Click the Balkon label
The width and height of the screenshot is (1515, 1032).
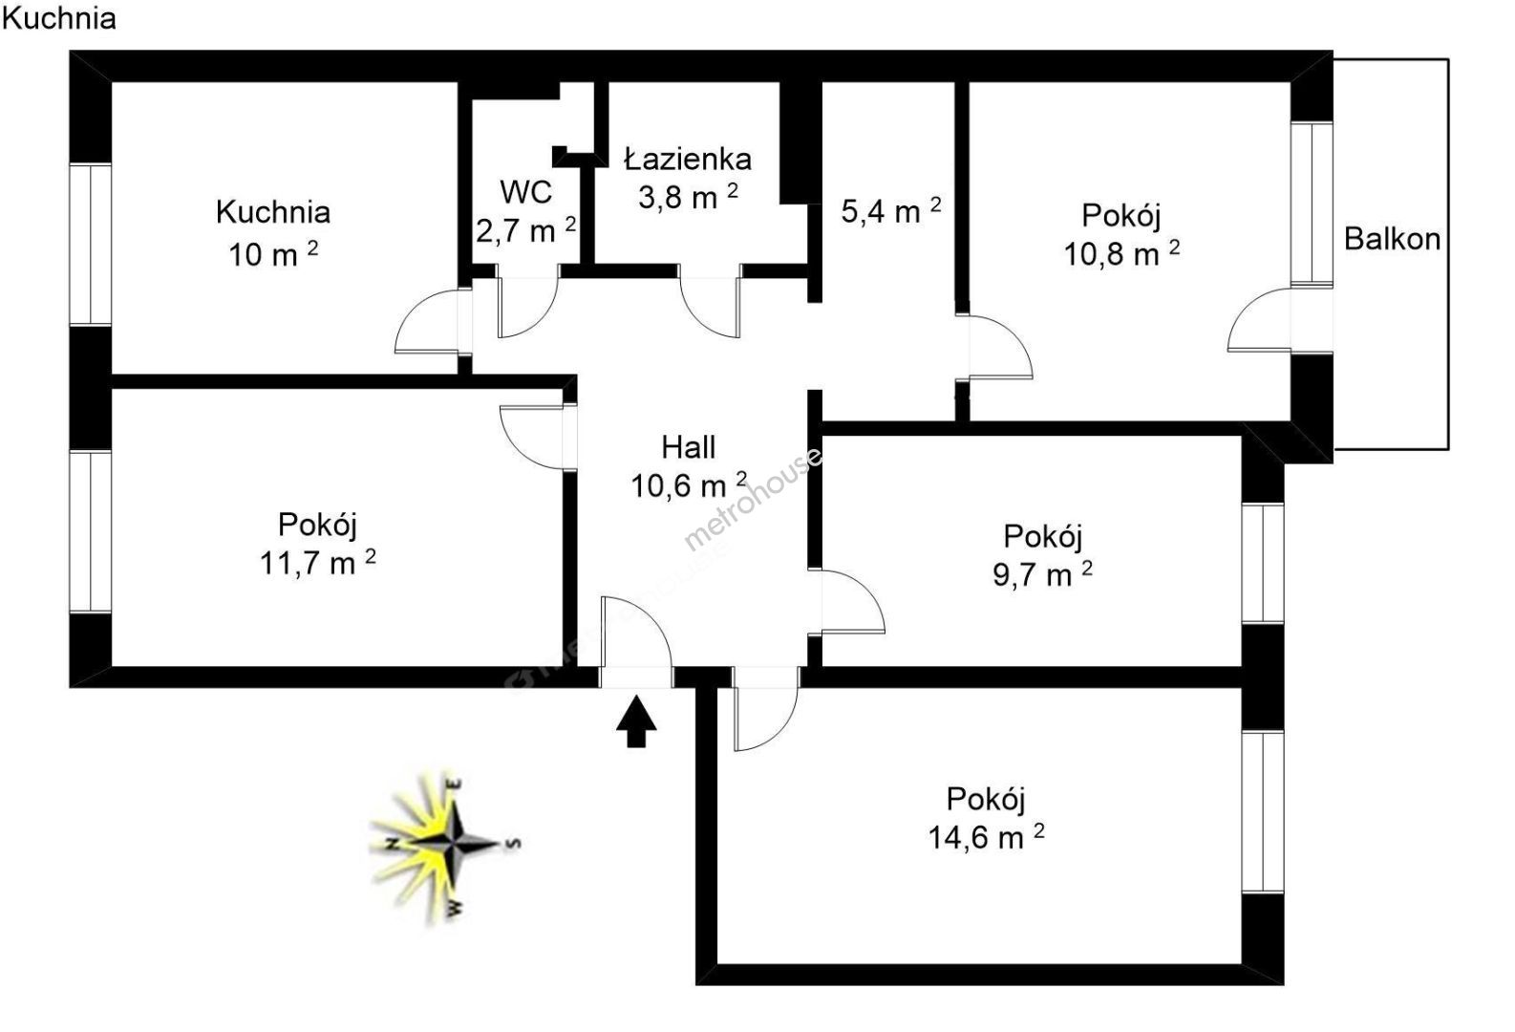click(1392, 238)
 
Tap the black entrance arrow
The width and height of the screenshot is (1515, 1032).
click(636, 721)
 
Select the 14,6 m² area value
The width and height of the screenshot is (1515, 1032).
click(986, 838)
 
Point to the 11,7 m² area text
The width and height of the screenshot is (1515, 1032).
click(317, 563)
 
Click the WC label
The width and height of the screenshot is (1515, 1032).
click(526, 192)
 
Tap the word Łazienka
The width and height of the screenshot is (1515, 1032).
click(688, 159)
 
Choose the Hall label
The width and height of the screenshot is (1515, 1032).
click(688, 446)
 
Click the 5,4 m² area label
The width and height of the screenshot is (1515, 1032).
click(890, 210)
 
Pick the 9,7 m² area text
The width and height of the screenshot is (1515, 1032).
click(1042, 575)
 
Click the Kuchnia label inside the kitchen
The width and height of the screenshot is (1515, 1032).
click(273, 212)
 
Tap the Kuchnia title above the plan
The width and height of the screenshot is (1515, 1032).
click(59, 18)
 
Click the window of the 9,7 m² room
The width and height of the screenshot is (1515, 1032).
click(1263, 563)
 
